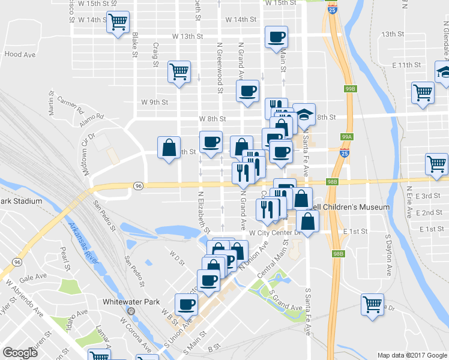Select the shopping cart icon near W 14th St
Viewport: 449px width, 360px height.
coord(118,22)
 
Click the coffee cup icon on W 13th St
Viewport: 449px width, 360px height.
coord(277,37)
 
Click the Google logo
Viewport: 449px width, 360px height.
coord(20,353)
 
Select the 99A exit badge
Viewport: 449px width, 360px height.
coord(346,137)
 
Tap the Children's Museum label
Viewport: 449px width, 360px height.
coord(355,207)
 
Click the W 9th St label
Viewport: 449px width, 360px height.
coord(154,102)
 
